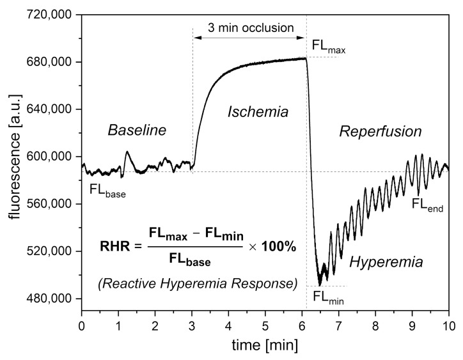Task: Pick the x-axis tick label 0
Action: tap(81, 325)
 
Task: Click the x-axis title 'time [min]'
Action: tap(265, 345)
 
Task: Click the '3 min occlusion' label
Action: tap(250, 27)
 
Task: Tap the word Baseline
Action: tap(137, 130)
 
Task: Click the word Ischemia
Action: tap(258, 112)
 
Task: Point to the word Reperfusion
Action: tap(381, 132)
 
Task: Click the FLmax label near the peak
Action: tap(328, 46)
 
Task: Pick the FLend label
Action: tap(427, 205)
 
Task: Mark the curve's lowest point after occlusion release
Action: tap(320, 285)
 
